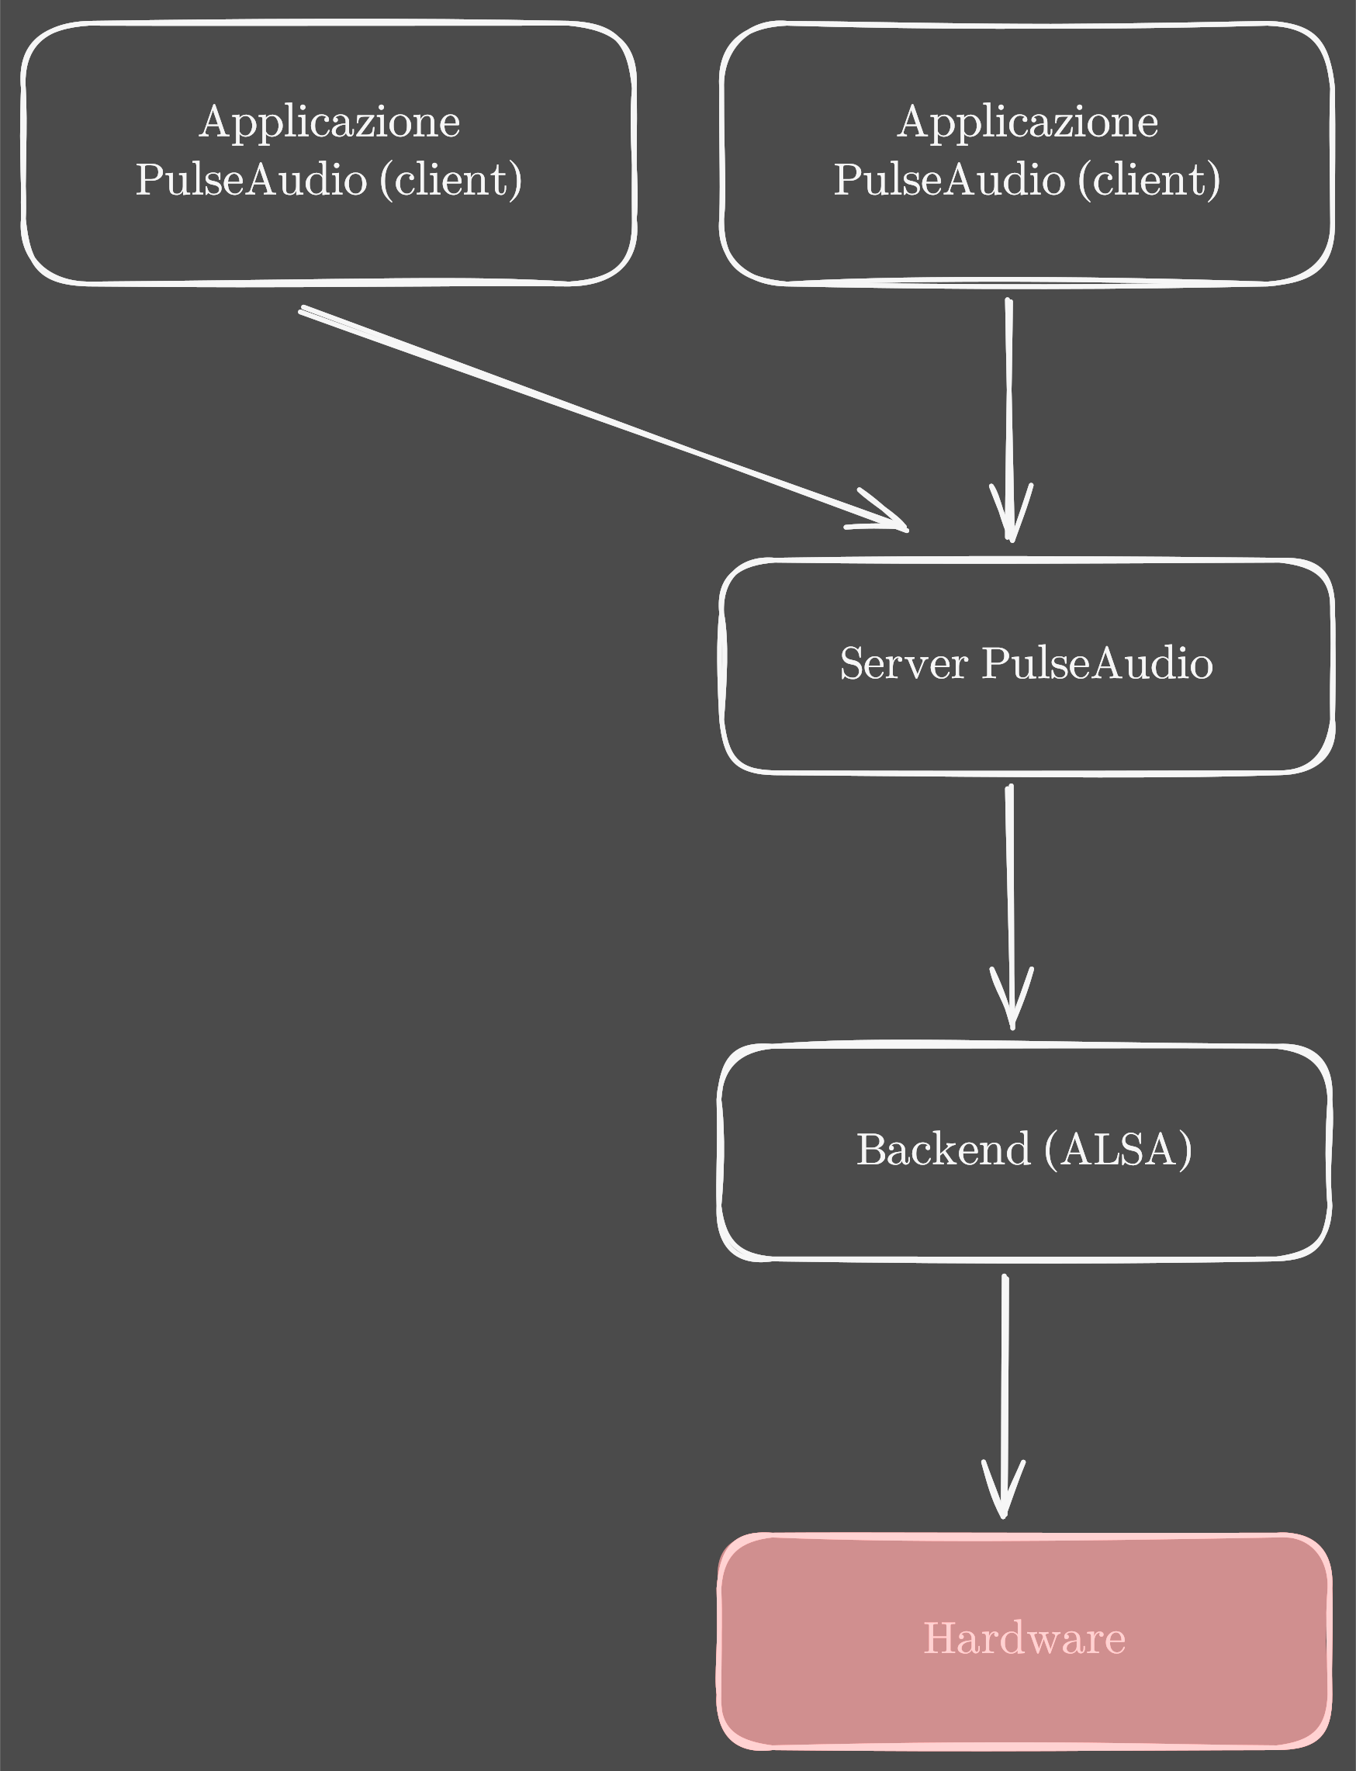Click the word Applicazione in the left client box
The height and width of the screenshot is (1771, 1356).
pos(330,123)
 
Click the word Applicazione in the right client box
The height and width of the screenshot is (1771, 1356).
pos(1028,123)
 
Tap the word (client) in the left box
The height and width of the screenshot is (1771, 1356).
pos(451,179)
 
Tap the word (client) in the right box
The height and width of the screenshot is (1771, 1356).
pos(1150,179)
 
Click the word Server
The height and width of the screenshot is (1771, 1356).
pos(903,663)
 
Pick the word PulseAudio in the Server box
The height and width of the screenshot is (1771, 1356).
pos(1097,663)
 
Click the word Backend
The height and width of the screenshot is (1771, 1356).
pos(943,1150)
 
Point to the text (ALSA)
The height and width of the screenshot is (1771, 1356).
pos(1118,1150)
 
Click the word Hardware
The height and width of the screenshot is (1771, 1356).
pos(1024,1638)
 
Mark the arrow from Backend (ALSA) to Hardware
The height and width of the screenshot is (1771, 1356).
pos(1005,1372)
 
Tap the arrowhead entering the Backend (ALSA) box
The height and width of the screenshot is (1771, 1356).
pos(1012,1005)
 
